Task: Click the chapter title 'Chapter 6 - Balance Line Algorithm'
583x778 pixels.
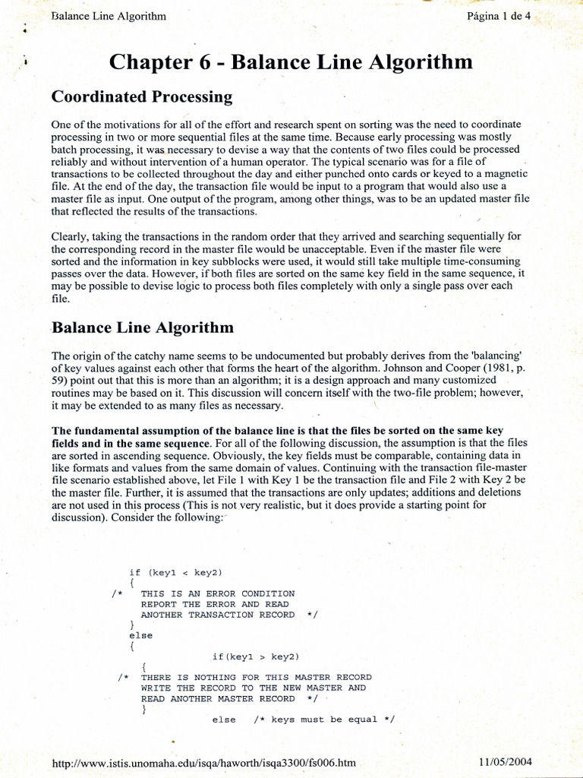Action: [291, 62]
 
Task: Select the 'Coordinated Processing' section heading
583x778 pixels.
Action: [141, 97]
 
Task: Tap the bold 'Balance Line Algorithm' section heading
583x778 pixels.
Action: [142, 327]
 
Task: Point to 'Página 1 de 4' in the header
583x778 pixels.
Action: [500, 16]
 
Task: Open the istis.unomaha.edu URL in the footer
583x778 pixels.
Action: [203, 761]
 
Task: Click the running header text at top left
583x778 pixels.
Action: [108, 16]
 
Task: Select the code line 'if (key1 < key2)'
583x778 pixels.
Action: [175, 572]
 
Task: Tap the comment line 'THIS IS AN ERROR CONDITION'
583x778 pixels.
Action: [218, 593]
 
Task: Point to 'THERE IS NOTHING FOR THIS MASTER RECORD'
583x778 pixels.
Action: [256, 677]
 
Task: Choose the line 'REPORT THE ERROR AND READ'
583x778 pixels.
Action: [206, 604]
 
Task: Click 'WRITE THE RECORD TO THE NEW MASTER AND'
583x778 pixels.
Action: [253, 688]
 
